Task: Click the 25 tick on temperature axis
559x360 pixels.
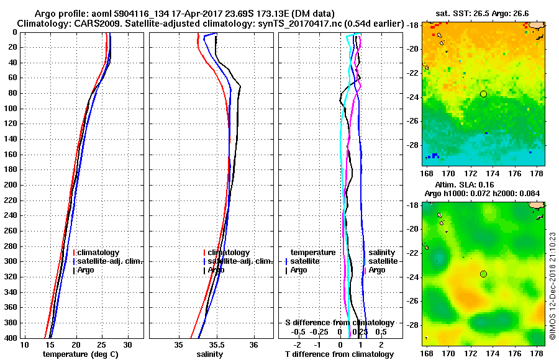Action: [102, 344]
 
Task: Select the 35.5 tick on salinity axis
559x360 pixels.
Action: [216, 344]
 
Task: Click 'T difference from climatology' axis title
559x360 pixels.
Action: [339, 354]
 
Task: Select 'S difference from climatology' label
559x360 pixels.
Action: [339, 323]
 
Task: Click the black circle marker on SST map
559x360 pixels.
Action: [483, 94]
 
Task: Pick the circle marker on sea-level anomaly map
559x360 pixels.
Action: [483, 274]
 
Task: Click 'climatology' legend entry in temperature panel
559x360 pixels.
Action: [98, 253]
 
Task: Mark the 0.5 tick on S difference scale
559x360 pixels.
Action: [381, 331]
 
